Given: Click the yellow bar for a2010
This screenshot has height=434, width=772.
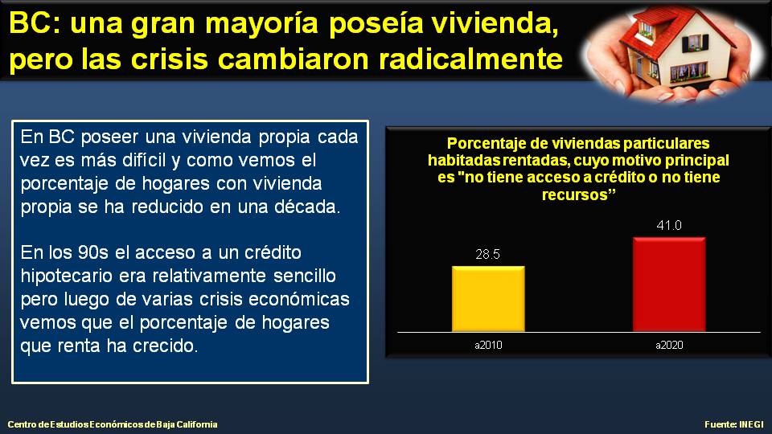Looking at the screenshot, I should click(488, 297).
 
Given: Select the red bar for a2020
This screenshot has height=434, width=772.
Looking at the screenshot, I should click(669, 283).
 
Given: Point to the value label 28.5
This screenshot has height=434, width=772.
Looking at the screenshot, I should click(488, 255).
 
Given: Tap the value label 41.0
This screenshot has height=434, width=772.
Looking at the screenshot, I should click(669, 226).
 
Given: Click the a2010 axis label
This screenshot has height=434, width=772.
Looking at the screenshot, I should click(488, 346).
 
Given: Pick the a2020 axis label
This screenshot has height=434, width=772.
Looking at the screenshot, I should click(669, 346).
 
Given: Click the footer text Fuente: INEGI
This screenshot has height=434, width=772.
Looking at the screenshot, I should click(734, 424).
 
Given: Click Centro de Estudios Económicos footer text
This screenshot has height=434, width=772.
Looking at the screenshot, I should click(112, 424).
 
